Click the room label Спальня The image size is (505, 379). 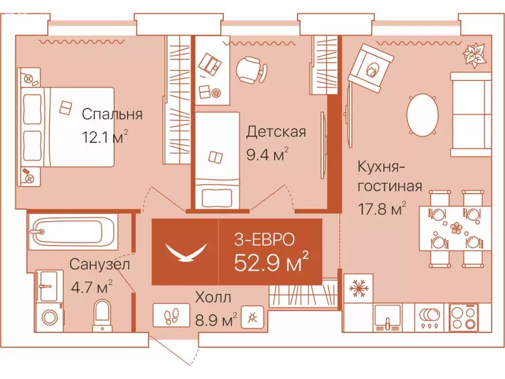(x=112, y=114)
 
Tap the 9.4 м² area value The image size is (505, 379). (x=267, y=155)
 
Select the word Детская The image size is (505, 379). (x=276, y=132)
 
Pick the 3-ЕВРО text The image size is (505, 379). (x=264, y=240)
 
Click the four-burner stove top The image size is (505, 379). (x=464, y=317)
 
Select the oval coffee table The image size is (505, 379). (x=423, y=115)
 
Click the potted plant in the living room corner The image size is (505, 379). (x=474, y=54)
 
